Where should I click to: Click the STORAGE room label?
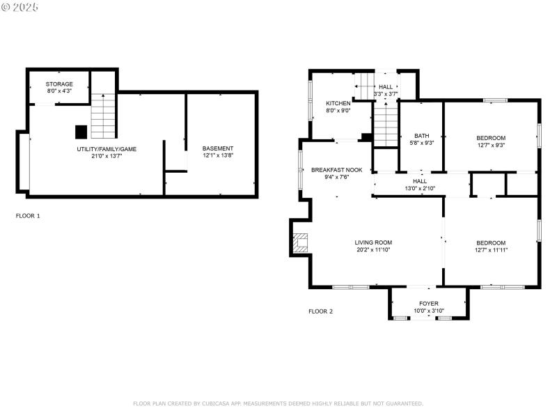[59, 84]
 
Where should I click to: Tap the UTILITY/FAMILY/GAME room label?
[107, 149]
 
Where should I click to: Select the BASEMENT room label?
[218, 148]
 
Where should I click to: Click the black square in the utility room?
[81, 131]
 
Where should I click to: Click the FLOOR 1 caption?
[28, 216]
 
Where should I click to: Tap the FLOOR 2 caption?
[320, 311]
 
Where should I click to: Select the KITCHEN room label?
[338, 102]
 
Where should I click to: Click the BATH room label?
[422, 136]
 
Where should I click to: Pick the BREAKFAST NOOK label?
[336, 170]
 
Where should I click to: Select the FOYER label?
[429, 304]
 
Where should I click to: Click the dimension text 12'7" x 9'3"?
[491, 145]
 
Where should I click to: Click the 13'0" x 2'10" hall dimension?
[420, 188]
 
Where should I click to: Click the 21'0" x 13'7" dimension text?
[107, 156]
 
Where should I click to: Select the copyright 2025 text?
[21, 6]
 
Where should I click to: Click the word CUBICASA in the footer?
[221, 403]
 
